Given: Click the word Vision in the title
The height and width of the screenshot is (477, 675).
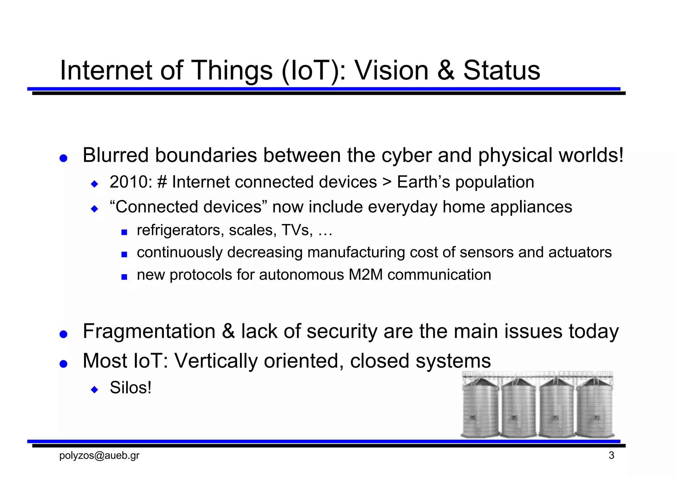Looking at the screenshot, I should (x=391, y=70).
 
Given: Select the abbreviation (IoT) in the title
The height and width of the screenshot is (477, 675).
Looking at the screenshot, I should (x=310, y=71).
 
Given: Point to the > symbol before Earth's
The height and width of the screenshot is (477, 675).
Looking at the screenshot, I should (x=387, y=182).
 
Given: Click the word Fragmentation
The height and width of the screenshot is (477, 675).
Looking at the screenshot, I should (x=149, y=331).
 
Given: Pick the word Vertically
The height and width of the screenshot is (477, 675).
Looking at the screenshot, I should (x=216, y=361).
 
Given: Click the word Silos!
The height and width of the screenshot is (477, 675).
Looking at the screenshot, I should (x=131, y=388).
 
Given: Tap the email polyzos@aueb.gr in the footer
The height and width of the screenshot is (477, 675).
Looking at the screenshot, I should (x=99, y=456).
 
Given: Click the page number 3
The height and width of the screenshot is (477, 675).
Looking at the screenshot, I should (x=611, y=456).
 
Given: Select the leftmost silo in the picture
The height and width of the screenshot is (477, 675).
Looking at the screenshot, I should (x=481, y=408).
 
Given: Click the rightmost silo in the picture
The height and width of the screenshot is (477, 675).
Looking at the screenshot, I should (x=595, y=408).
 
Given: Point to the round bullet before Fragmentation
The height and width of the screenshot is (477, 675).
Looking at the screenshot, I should (x=63, y=334).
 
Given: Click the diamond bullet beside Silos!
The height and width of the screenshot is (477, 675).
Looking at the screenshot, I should (x=95, y=390).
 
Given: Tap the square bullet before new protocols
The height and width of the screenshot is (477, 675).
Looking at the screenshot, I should (x=124, y=277).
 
